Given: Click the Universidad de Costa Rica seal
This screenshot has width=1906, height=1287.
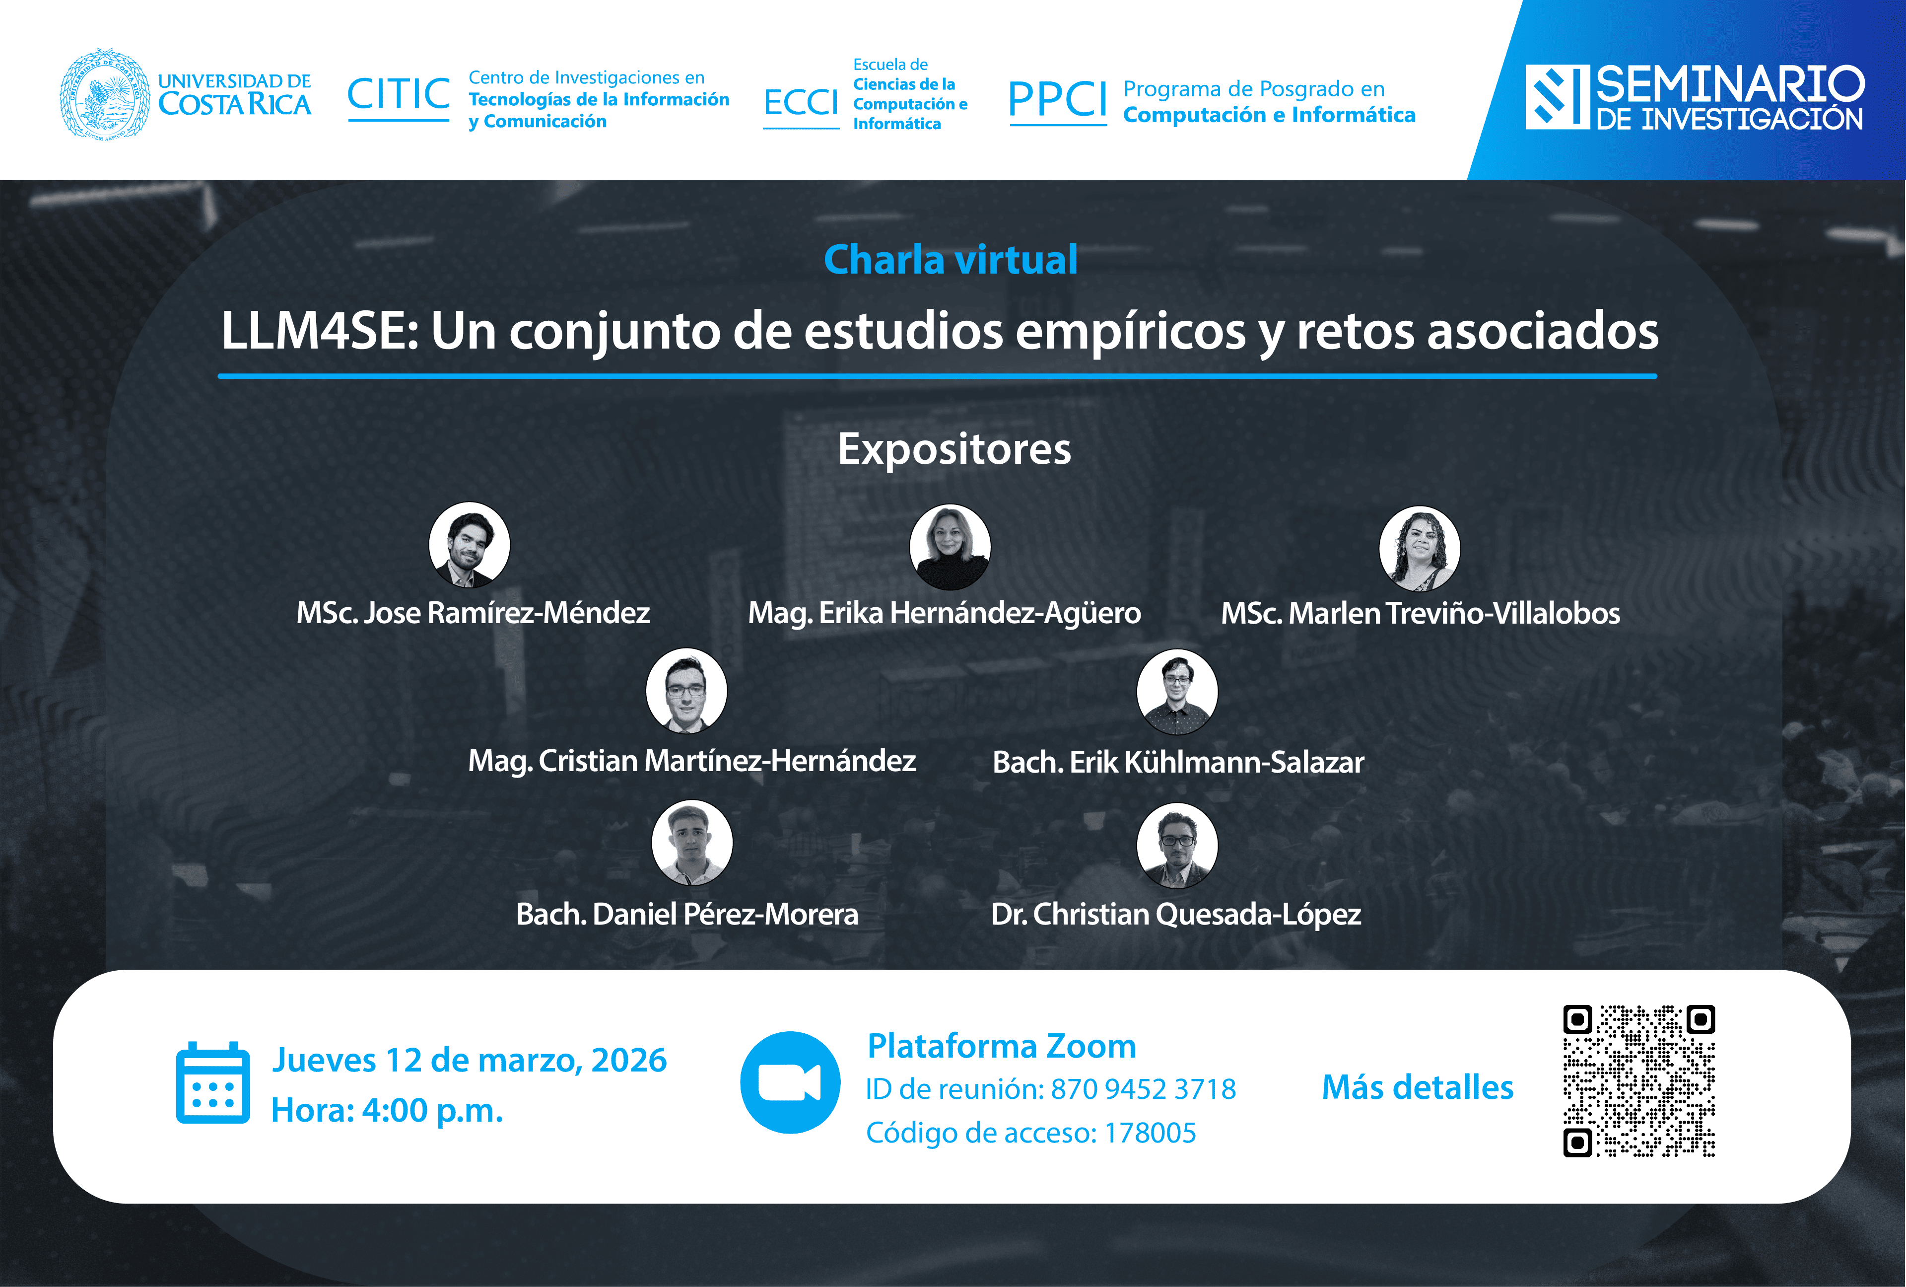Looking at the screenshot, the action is click(x=105, y=93).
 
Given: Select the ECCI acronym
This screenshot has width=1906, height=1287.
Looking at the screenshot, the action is click(x=801, y=103).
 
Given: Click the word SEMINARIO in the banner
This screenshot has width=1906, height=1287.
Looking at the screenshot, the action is click(x=1730, y=84).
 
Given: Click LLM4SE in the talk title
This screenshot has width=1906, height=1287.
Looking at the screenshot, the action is click(x=320, y=331).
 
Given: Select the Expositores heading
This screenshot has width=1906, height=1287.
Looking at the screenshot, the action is click(x=954, y=449).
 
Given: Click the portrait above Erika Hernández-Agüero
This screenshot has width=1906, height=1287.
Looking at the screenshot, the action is click(x=950, y=546).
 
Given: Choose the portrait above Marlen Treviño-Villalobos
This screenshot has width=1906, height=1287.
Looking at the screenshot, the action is click(x=1420, y=548).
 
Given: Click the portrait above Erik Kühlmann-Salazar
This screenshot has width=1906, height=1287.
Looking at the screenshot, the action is click(x=1177, y=692).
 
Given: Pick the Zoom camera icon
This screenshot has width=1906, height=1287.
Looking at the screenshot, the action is click(x=790, y=1083).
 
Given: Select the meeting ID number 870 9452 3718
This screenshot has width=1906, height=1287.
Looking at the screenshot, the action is click(x=1143, y=1089).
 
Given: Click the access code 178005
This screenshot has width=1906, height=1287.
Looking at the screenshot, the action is click(x=1150, y=1133).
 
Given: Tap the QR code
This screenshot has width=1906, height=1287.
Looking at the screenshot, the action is click(x=1638, y=1081).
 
